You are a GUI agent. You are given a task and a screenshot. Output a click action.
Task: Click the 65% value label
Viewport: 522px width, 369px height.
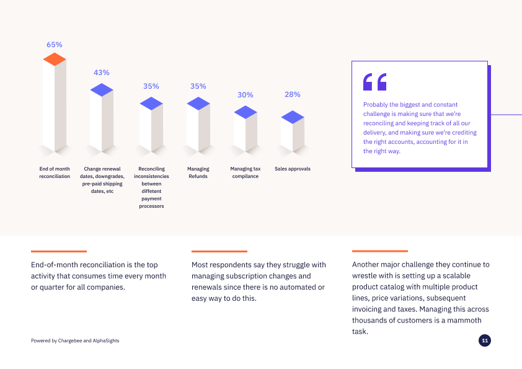tap(55, 45)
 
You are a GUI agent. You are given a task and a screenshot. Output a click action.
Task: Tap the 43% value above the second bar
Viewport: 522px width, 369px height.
tap(102, 73)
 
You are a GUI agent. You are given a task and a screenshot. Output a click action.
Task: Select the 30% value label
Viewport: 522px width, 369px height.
tap(246, 95)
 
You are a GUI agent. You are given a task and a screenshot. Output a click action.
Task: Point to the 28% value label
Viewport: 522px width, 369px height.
tap(293, 94)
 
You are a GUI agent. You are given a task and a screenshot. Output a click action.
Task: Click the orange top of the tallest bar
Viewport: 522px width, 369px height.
tap(55, 59)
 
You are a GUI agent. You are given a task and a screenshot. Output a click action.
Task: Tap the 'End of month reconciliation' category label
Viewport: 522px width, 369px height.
tap(55, 172)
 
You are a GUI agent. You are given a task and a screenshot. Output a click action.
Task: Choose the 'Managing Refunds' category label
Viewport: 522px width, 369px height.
tap(198, 172)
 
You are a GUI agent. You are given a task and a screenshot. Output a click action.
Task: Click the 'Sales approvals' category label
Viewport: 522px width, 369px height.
tap(293, 169)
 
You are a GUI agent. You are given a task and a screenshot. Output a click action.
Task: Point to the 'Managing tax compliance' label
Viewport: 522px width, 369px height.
tap(246, 172)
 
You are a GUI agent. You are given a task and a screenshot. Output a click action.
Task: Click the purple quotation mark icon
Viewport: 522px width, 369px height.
tap(374, 82)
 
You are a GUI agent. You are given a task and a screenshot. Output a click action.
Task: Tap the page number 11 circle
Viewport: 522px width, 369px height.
tap(485, 340)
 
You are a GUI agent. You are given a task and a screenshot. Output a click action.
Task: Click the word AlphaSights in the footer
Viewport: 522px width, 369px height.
tap(106, 340)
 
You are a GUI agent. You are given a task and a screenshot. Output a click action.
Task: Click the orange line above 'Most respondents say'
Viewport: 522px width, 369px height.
tap(219, 251)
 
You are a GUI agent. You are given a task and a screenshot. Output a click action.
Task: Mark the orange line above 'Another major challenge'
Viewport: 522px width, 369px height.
tap(380, 251)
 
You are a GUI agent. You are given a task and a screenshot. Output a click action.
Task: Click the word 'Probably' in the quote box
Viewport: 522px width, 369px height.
tap(376, 105)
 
